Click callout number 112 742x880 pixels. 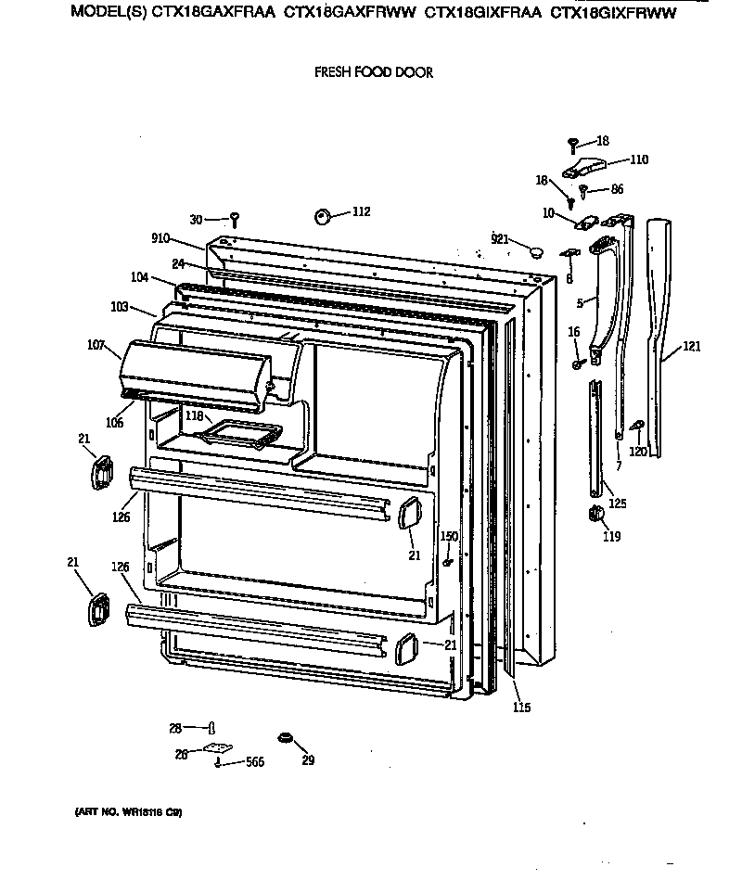pyautogui.click(x=361, y=212)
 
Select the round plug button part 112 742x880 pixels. pyautogui.click(x=324, y=215)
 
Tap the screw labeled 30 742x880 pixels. pyautogui.click(x=236, y=219)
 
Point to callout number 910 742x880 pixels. pyautogui.click(x=160, y=238)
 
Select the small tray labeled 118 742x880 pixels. pyautogui.click(x=244, y=432)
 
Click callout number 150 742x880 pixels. pyautogui.click(x=449, y=536)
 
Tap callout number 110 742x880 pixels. pyautogui.click(x=639, y=159)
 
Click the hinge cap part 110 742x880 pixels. pyautogui.click(x=583, y=167)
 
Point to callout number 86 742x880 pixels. pyautogui.click(x=617, y=189)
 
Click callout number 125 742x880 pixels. pyautogui.click(x=617, y=504)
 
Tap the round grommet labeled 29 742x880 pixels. pyautogui.click(x=286, y=738)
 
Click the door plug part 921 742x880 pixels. pyautogui.click(x=535, y=250)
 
